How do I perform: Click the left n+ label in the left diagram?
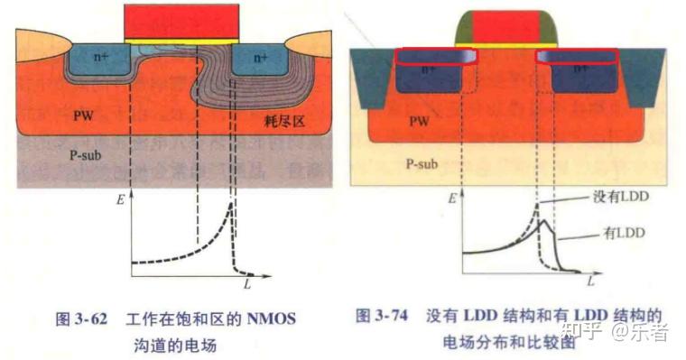pos(103,57)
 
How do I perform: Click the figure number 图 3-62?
pos(83,318)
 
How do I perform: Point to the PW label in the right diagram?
pos(419,118)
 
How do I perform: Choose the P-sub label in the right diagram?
pos(422,164)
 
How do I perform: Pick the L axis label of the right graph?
pos(591,282)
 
